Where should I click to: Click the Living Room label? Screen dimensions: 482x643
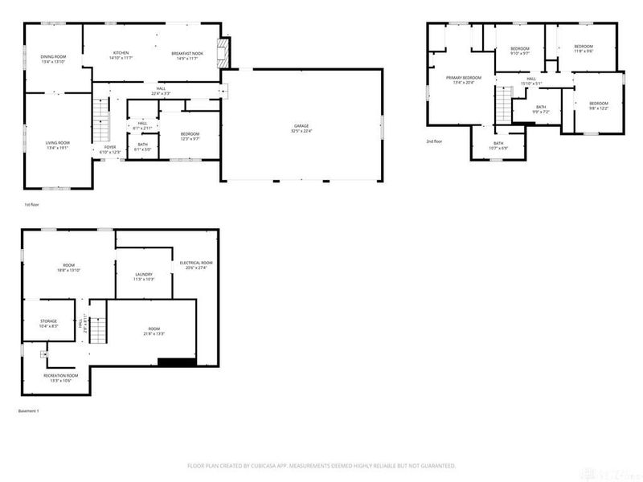click(x=57, y=145)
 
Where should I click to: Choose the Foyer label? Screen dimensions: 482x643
click(x=109, y=149)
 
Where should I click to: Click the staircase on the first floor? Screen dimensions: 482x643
click(x=101, y=120)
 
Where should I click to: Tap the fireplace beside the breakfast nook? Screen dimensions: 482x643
click(x=227, y=55)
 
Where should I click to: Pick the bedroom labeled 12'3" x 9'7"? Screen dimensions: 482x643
click(x=190, y=136)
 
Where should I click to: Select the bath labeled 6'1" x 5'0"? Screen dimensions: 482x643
click(x=142, y=146)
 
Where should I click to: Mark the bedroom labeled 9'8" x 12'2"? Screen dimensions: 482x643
click(x=598, y=105)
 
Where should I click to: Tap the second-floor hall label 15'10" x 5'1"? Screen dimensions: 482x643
click(x=531, y=80)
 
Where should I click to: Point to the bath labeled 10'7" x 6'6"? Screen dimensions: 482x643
click(x=498, y=145)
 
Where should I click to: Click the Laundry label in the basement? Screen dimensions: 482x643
click(x=141, y=276)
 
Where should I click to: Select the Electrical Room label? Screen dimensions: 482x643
click(x=195, y=265)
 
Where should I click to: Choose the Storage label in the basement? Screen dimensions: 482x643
click(x=49, y=323)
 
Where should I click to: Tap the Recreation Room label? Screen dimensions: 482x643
click(x=60, y=378)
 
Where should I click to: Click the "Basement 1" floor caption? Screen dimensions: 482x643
click(x=28, y=411)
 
